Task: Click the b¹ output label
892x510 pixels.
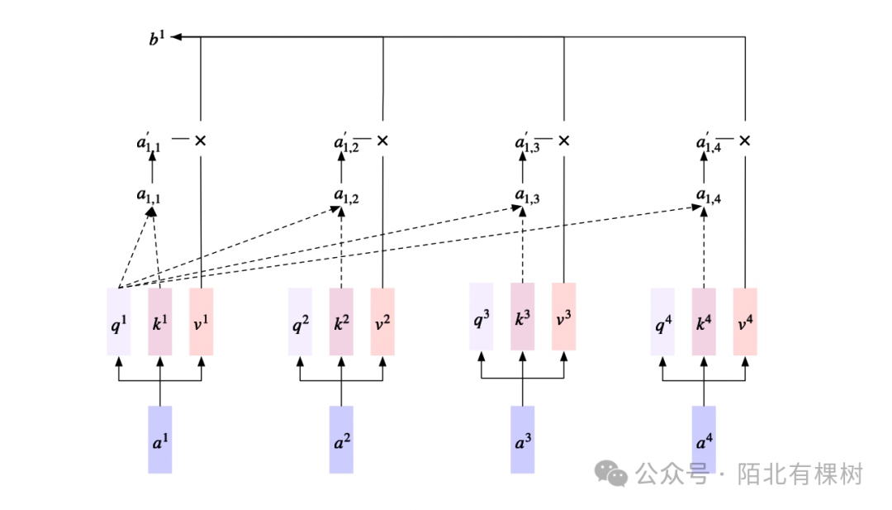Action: (157, 37)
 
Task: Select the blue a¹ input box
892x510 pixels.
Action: (159, 440)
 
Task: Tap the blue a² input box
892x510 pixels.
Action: (341, 440)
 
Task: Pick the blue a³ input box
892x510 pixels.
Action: (522, 440)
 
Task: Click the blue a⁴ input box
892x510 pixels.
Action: (704, 440)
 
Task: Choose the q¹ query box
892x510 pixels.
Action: (119, 322)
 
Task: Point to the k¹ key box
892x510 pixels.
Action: (159, 322)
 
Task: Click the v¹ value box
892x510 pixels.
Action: (201, 322)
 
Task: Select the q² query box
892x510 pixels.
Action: (300, 322)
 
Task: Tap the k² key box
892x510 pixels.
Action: (341, 322)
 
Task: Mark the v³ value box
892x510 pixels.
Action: (563, 317)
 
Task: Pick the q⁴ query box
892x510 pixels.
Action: (662, 322)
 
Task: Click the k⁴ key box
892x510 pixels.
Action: (704, 322)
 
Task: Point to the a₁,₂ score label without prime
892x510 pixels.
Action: (346, 196)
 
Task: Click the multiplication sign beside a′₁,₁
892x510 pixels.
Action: (200, 141)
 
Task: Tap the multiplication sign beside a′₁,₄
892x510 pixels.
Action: (745, 141)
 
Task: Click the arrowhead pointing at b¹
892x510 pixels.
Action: (177, 37)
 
